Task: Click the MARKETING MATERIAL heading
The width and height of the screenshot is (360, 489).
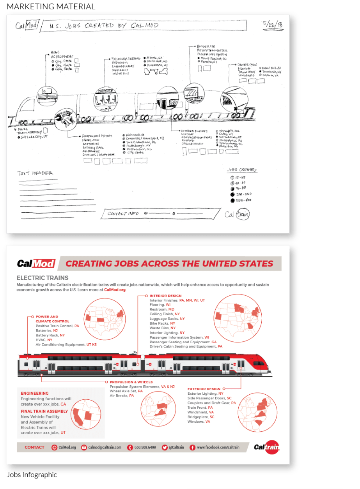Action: click(51, 7)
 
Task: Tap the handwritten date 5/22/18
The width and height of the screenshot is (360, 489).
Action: click(273, 25)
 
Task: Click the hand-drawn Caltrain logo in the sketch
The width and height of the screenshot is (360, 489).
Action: click(237, 214)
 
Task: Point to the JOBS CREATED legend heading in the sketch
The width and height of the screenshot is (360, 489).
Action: click(241, 170)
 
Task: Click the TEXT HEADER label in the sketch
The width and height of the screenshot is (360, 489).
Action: click(35, 173)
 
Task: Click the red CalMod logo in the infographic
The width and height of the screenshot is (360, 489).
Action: click(36, 263)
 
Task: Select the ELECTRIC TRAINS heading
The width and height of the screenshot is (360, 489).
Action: click(43, 278)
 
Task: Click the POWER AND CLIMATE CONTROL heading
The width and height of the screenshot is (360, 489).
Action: click(52, 319)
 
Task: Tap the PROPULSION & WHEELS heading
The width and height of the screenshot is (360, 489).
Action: click(131, 382)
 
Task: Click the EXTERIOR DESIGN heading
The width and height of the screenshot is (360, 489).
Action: click(204, 389)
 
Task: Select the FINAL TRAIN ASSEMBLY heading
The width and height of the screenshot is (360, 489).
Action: click(44, 411)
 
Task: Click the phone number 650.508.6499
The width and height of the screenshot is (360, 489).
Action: click(145, 447)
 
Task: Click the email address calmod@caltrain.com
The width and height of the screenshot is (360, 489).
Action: click(105, 447)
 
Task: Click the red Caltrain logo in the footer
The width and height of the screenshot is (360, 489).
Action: click(266, 448)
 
